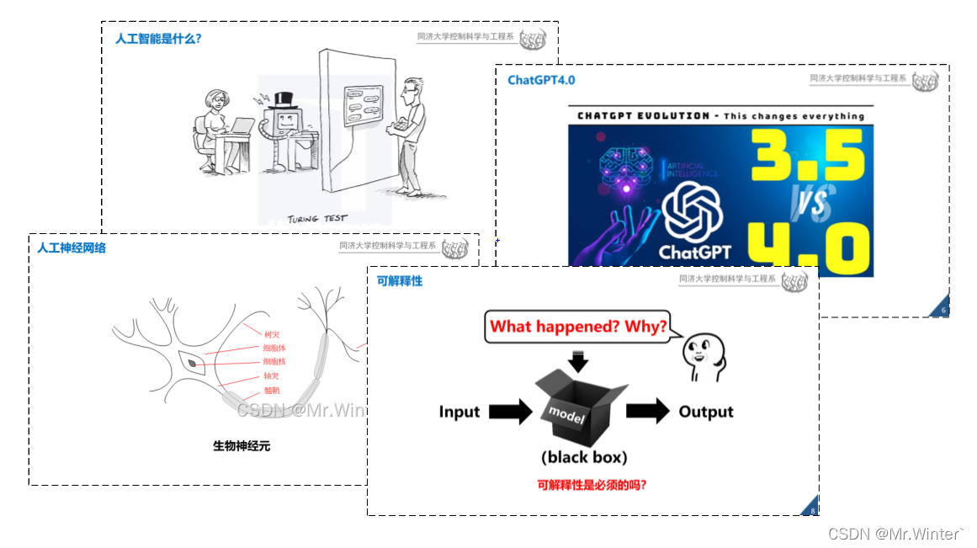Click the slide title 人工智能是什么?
(x=158, y=39)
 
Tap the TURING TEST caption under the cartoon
(x=317, y=219)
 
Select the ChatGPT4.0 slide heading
(x=541, y=80)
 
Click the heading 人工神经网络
(x=72, y=248)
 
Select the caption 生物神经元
(x=242, y=445)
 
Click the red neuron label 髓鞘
(x=271, y=391)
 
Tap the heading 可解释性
(x=400, y=281)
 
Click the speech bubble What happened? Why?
(x=578, y=327)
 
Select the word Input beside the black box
(x=459, y=412)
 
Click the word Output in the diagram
(x=706, y=412)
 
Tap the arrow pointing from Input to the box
(x=510, y=412)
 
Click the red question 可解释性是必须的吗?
(x=592, y=485)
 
